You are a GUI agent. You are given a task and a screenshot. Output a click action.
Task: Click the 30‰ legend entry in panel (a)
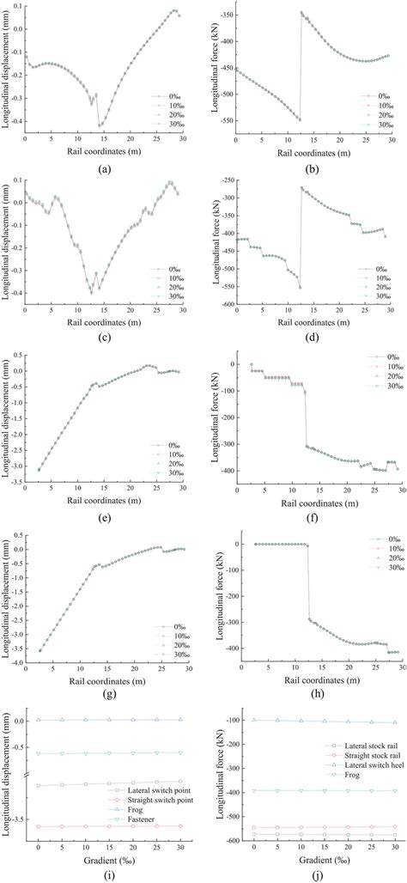167,125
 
